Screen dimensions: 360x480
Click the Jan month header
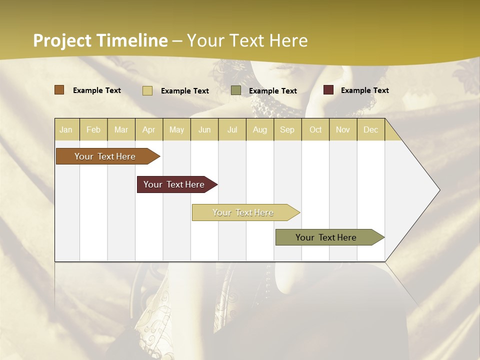click(x=66, y=129)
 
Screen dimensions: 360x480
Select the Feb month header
click(x=93, y=129)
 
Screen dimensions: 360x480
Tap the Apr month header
click(x=148, y=129)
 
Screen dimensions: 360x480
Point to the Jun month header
click(x=204, y=129)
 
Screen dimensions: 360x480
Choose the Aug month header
click(x=259, y=129)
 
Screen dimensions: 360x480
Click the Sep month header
click(x=287, y=129)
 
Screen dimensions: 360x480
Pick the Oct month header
click(x=315, y=129)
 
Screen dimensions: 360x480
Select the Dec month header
click(x=370, y=129)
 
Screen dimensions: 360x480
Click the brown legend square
click(x=59, y=90)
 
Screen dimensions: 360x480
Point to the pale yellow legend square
click(x=147, y=90)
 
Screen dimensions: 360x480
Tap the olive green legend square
click(x=236, y=90)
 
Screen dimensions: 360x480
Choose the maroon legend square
click(x=328, y=90)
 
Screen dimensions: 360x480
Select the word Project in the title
click(x=63, y=40)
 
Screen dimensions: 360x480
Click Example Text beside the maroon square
click(x=364, y=90)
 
